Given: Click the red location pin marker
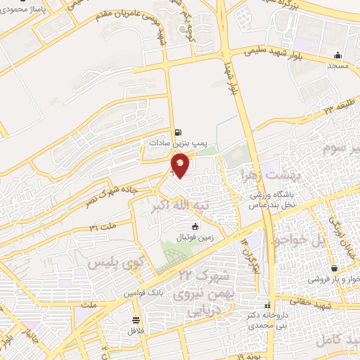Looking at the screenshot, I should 181,165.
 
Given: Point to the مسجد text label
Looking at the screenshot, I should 337,65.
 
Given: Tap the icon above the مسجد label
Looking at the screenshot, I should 338,55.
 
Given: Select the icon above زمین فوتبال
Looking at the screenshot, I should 195,226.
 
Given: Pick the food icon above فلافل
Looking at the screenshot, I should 134,320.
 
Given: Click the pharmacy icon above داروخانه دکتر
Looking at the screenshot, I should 267,306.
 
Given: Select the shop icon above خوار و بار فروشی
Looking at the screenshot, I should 335,268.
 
